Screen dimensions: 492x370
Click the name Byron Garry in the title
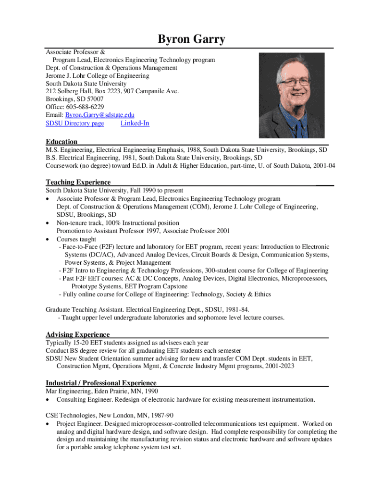coord(191,39)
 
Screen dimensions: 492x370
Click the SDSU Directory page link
coord(74,123)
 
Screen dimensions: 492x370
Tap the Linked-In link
coord(135,123)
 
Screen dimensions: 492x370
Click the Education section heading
coord(62,141)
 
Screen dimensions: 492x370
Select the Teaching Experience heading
coord(78,182)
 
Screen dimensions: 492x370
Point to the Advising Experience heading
coord(77,334)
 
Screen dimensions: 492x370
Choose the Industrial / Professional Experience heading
coord(101,383)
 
